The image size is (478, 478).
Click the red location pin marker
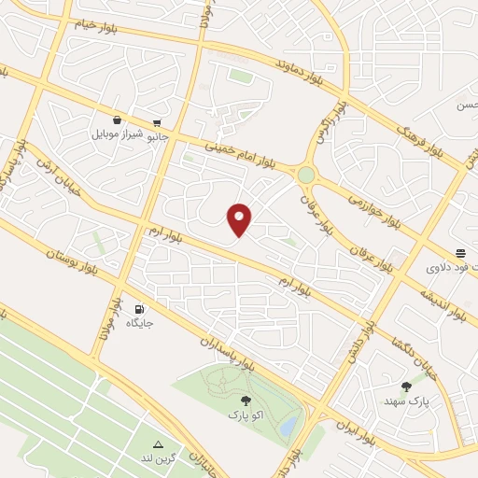click(x=240, y=219)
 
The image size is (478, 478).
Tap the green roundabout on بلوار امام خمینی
click(x=306, y=174)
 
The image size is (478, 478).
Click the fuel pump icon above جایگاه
click(x=139, y=309)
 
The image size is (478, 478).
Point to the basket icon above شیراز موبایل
click(x=117, y=120)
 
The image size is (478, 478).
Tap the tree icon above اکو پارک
click(x=246, y=400)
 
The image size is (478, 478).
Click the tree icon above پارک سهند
click(x=406, y=386)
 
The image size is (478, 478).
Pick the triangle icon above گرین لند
click(x=158, y=444)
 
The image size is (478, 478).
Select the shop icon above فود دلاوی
click(x=460, y=253)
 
